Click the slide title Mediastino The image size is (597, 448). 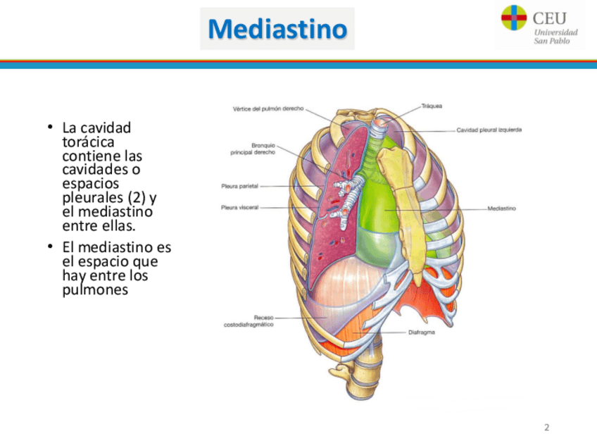pyautogui.click(x=277, y=29)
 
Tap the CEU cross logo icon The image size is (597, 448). pyautogui.click(x=513, y=18)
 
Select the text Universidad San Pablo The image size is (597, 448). pyautogui.click(x=555, y=37)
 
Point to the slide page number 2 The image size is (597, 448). pyautogui.click(x=546, y=427)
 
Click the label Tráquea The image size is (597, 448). pyautogui.click(x=431, y=106)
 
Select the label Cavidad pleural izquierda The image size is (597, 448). pyautogui.click(x=489, y=130)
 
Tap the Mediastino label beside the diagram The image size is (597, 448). pyautogui.click(x=502, y=209)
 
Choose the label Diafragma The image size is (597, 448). pyautogui.click(x=421, y=332)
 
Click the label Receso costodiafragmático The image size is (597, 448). pyautogui.click(x=249, y=321)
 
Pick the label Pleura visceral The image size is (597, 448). pyautogui.click(x=239, y=207)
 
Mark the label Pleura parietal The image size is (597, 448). pyautogui.click(x=239, y=186)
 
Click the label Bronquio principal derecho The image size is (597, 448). pyautogui.click(x=253, y=149)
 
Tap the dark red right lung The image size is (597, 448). pyautogui.click(x=331, y=225)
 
